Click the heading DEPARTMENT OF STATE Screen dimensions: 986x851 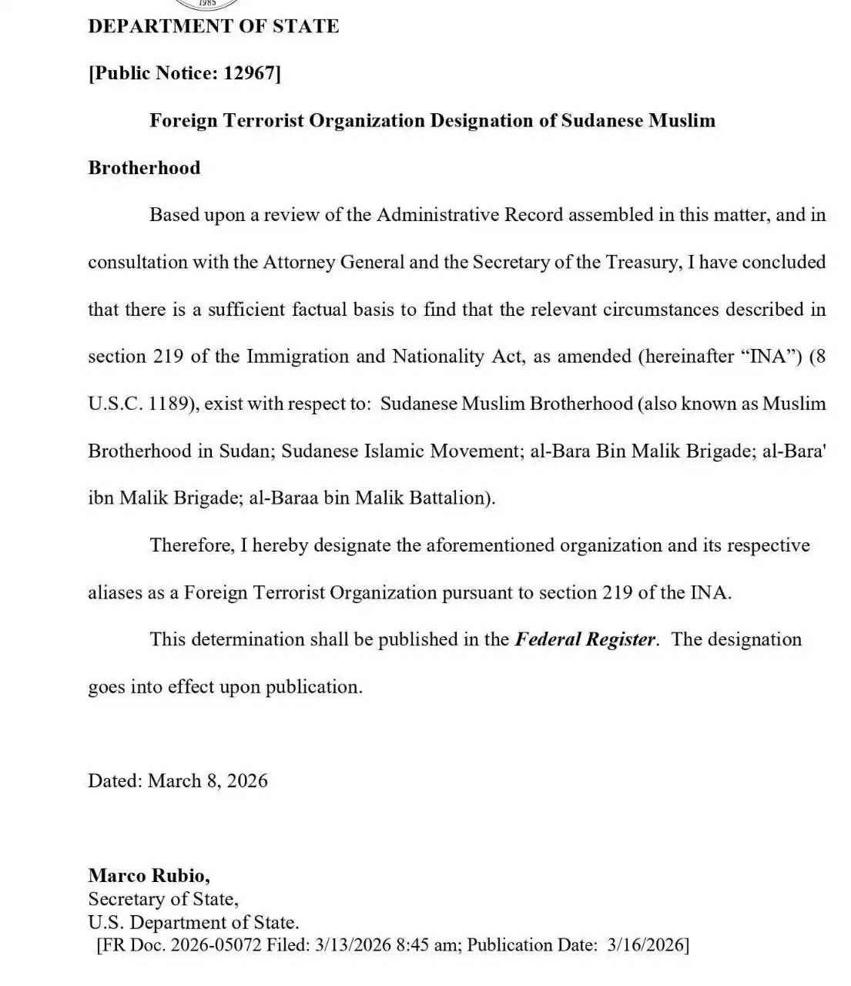pyautogui.click(x=213, y=26)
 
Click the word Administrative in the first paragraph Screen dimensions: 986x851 pyautogui.click(x=437, y=215)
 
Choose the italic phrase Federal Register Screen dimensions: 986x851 pyautogui.click(x=585, y=639)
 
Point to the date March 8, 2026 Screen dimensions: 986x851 pyautogui.click(x=208, y=781)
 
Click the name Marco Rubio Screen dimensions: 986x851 pyautogui.click(x=148, y=875)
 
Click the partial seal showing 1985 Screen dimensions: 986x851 pyautogui.click(x=206, y=4)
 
